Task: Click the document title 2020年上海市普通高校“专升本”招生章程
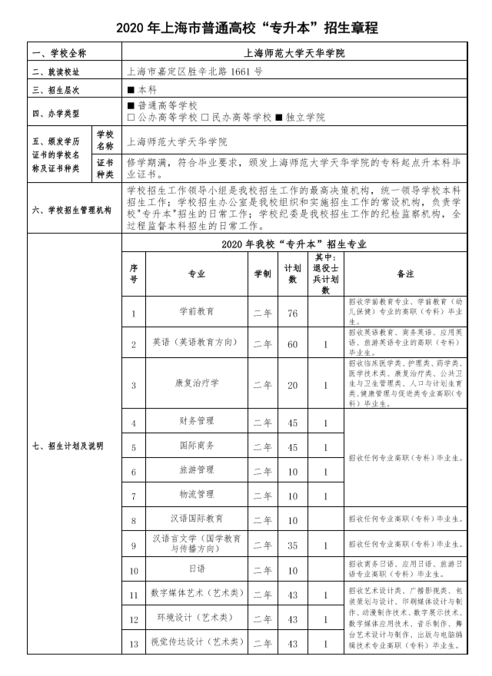tap(246, 28)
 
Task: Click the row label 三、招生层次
tap(56, 90)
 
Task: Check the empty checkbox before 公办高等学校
tap(131, 118)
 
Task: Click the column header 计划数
tap(293, 273)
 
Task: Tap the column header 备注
tap(405, 273)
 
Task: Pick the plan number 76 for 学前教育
tap(293, 313)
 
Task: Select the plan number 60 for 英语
tap(293, 343)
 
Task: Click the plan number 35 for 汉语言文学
tap(293, 546)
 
